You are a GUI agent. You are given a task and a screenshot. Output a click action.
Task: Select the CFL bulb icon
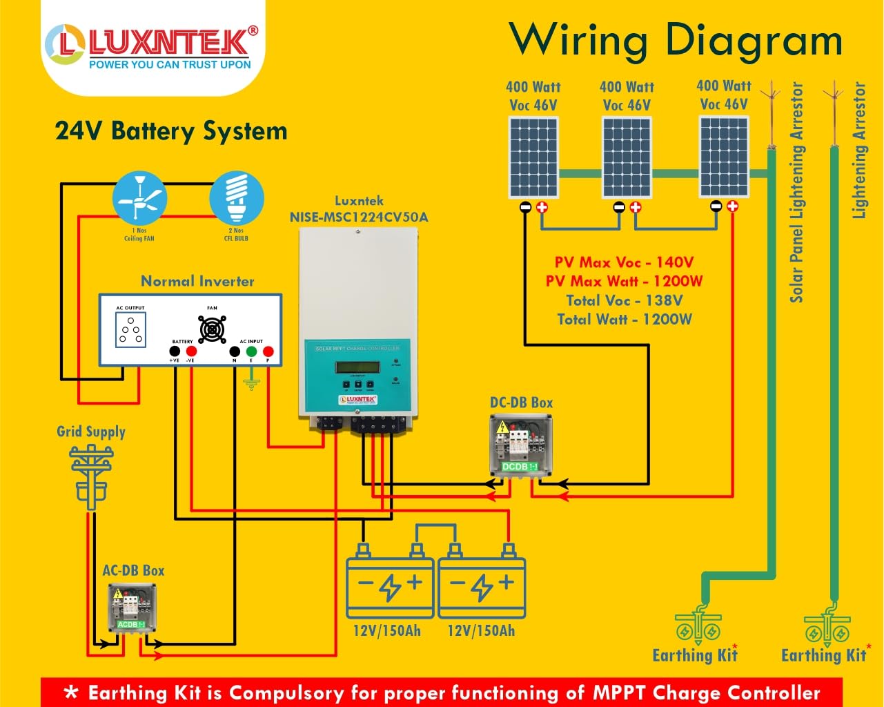point(237,197)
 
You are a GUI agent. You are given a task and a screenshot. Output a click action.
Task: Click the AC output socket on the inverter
point(130,330)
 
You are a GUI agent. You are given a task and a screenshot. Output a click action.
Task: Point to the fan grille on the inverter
point(212,329)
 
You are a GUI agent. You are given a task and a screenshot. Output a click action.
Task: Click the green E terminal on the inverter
point(251,352)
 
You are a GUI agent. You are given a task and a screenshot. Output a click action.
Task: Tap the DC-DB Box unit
point(521,445)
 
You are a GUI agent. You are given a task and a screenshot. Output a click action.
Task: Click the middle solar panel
point(627,157)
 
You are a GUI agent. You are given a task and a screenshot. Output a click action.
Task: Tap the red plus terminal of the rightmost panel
point(732,206)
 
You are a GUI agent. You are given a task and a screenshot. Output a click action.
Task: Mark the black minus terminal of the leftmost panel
point(525,207)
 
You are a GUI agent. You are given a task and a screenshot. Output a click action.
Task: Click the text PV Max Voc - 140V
point(624,262)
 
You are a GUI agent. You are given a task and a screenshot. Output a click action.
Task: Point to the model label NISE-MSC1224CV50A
point(359,217)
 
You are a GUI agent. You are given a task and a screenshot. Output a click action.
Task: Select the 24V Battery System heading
point(171,131)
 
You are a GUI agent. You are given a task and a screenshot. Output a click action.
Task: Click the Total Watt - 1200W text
point(625,319)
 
